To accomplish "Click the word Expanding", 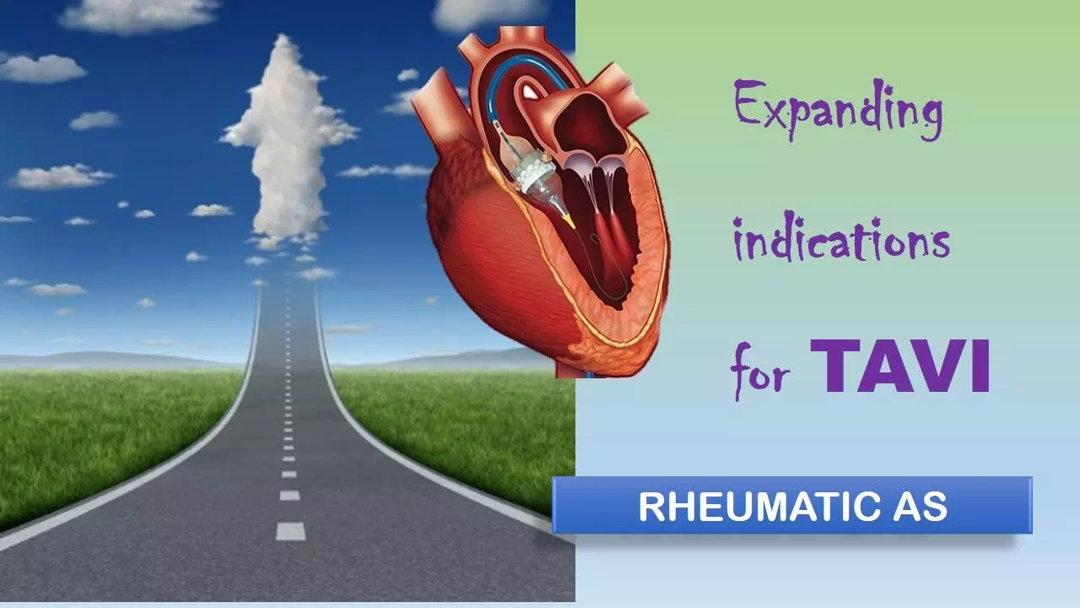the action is click(x=838, y=110).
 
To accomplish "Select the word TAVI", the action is click(x=900, y=366).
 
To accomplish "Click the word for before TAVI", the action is click(x=761, y=372).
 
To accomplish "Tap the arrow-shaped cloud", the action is click(x=289, y=140).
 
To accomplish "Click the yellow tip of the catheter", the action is click(x=569, y=221).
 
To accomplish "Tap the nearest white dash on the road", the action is click(x=290, y=531).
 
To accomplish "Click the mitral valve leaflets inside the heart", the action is click(x=596, y=166).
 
